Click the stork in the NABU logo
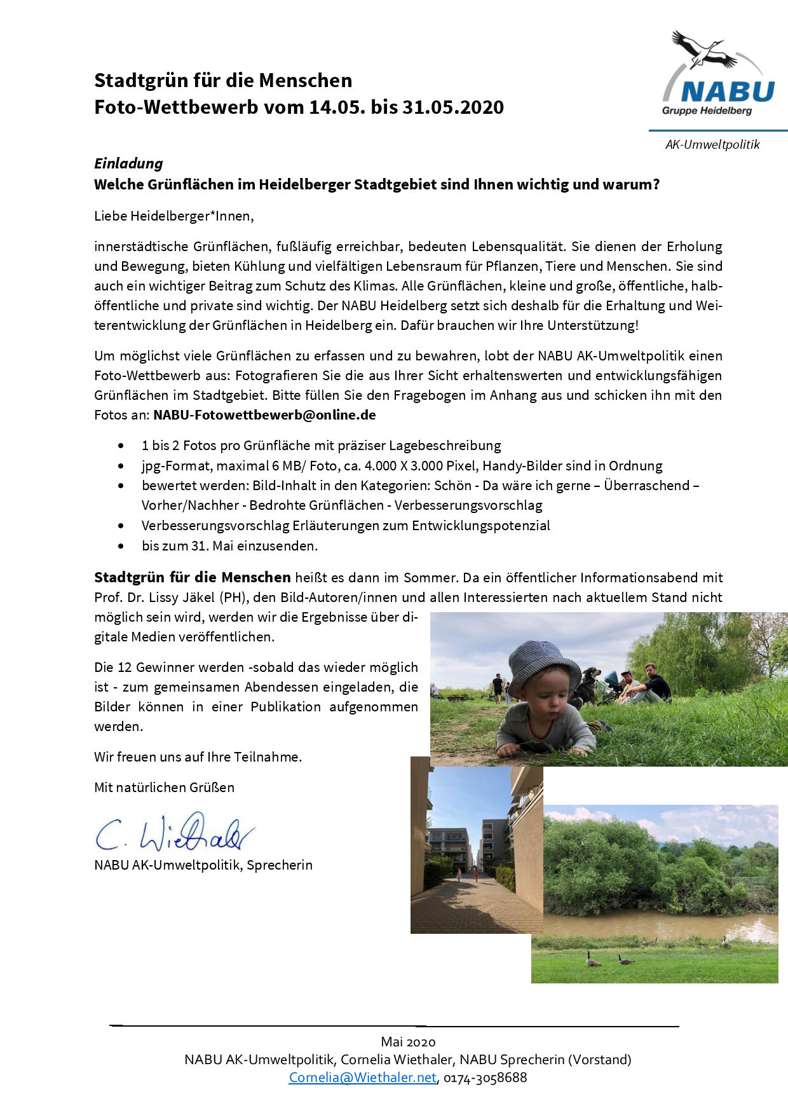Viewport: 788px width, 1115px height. pyautogui.click(x=702, y=49)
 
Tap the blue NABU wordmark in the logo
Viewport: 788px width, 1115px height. pyautogui.click(x=728, y=92)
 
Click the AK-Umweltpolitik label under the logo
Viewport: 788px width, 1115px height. pyautogui.click(x=712, y=144)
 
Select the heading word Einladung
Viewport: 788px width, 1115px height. pyautogui.click(x=128, y=163)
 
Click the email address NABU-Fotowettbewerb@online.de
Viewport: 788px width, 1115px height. pyautogui.click(x=264, y=415)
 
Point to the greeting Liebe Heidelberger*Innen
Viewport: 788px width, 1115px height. pyautogui.click(x=173, y=216)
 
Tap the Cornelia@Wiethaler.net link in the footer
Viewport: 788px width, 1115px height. pyautogui.click(x=362, y=1077)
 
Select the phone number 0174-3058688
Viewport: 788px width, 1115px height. pyautogui.click(x=486, y=1077)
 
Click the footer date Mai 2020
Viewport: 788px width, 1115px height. pyautogui.click(x=408, y=1041)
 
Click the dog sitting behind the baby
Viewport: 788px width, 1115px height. pyautogui.click(x=587, y=687)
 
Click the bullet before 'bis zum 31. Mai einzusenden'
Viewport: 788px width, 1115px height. pyautogui.click(x=121, y=545)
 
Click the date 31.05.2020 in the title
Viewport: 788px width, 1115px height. pyautogui.click(x=452, y=107)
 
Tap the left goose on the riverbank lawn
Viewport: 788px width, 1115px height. pyautogui.click(x=592, y=958)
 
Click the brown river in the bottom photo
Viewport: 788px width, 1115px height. pyautogui.click(x=655, y=926)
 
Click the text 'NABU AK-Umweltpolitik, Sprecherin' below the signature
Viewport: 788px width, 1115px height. pyautogui.click(x=203, y=865)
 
